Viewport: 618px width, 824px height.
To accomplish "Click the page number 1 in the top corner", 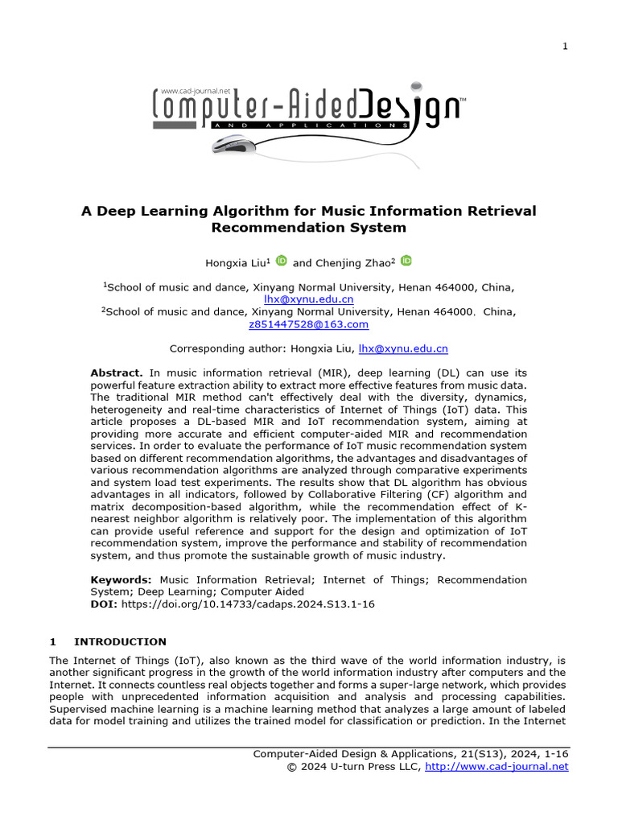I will (565, 47).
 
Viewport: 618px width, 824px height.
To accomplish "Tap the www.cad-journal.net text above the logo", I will (196, 92).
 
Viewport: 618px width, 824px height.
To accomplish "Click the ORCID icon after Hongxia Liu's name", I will (282, 261).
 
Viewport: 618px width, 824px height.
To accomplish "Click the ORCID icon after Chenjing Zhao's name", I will (406, 261).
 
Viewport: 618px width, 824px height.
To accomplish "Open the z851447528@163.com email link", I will (309, 324).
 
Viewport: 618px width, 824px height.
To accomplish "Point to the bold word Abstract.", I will (117, 373).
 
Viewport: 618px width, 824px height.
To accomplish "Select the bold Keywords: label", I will (121, 579).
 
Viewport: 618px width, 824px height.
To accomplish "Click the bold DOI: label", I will (104, 604).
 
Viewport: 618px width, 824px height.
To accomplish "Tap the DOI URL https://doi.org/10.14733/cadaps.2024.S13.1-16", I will (248, 604).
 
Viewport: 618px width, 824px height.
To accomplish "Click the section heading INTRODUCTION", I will (120, 641).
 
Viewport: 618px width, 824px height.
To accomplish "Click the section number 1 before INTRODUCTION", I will (52, 641).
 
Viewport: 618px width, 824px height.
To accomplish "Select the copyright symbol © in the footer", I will (292, 766).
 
